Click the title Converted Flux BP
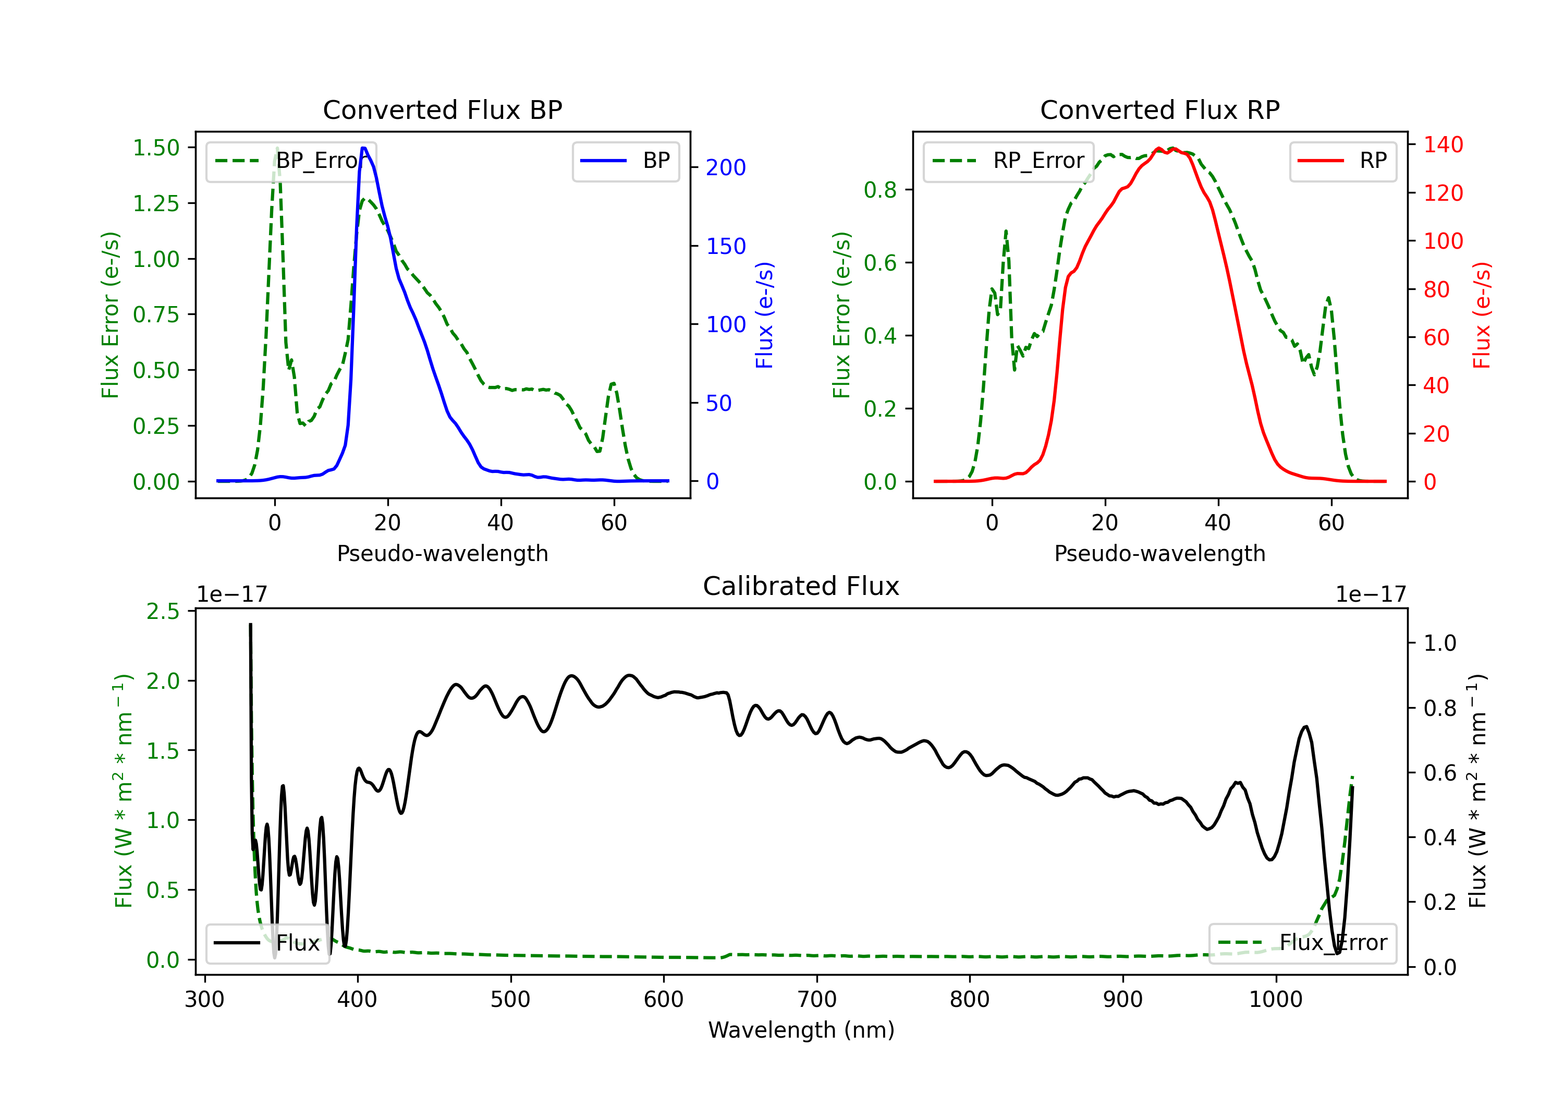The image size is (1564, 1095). [x=442, y=110]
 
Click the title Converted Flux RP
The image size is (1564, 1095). [x=1159, y=110]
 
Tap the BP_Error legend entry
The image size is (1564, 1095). [x=291, y=161]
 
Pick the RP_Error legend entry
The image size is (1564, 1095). [x=1009, y=161]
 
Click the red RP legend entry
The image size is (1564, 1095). [x=1342, y=161]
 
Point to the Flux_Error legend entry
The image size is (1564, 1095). [x=1302, y=943]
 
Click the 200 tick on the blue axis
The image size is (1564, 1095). [x=726, y=167]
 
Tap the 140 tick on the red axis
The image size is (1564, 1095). [x=1443, y=144]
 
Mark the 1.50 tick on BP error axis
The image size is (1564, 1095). [x=156, y=148]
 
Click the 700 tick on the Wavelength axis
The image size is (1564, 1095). [x=817, y=1000]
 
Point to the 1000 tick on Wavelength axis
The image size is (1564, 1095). [x=1275, y=1000]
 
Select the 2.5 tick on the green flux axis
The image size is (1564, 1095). [x=163, y=611]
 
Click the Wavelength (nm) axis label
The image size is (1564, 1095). [x=801, y=1030]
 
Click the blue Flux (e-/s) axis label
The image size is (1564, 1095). [x=764, y=315]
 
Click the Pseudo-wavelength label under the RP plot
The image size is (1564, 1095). [x=1159, y=553]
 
